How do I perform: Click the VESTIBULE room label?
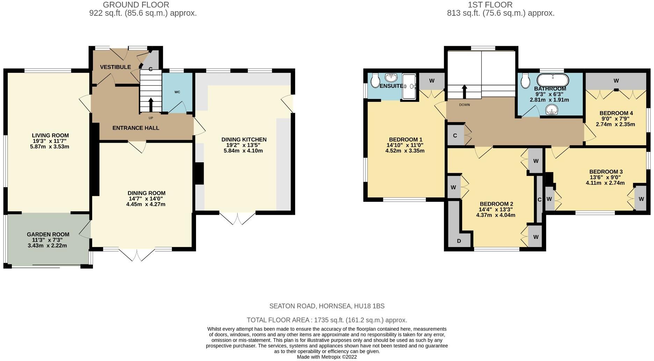click(x=115, y=67)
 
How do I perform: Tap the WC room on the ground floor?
click(x=177, y=92)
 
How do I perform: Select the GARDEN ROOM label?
click(x=48, y=234)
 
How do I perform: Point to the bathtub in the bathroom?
click(x=553, y=80)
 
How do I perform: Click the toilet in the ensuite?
click(x=375, y=80)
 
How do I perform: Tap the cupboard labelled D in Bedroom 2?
click(x=459, y=241)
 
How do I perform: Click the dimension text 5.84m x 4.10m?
click(x=243, y=151)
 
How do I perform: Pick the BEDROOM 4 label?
click(x=616, y=113)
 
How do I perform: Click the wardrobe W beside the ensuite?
click(x=432, y=81)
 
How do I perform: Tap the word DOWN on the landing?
click(x=464, y=105)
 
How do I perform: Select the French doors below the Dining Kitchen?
click(x=238, y=218)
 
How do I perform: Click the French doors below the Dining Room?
click(x=137, y=255)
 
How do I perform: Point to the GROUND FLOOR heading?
click(x=136, y=5)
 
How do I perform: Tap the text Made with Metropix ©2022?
click(x=327, y=357)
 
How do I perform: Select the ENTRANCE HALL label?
click(x=136, y=128)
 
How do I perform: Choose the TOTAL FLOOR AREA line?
click(x=327, y=320)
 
